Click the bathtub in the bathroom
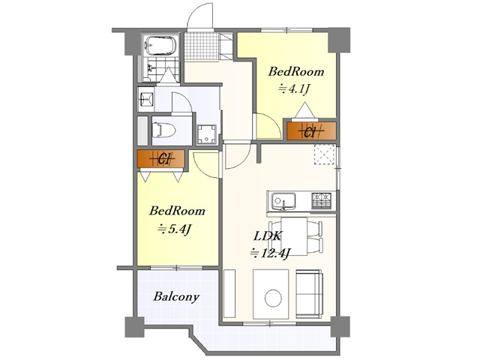[160, 46]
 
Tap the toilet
[163, 130]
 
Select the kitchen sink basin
[283, 202]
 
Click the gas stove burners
[321, 200]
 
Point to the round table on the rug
[273, 298]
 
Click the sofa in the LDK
[309, 293]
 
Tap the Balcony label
[176, 297]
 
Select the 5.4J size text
[175, 229]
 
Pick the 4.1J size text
[294, 89]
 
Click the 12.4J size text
[270, 253]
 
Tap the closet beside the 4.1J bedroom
[311, 131]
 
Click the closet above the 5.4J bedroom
[161, 158]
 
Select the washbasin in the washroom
[145, 99]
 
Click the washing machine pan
[207, 134]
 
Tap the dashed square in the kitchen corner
[324, 154]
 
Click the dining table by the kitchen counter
[294, 236]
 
